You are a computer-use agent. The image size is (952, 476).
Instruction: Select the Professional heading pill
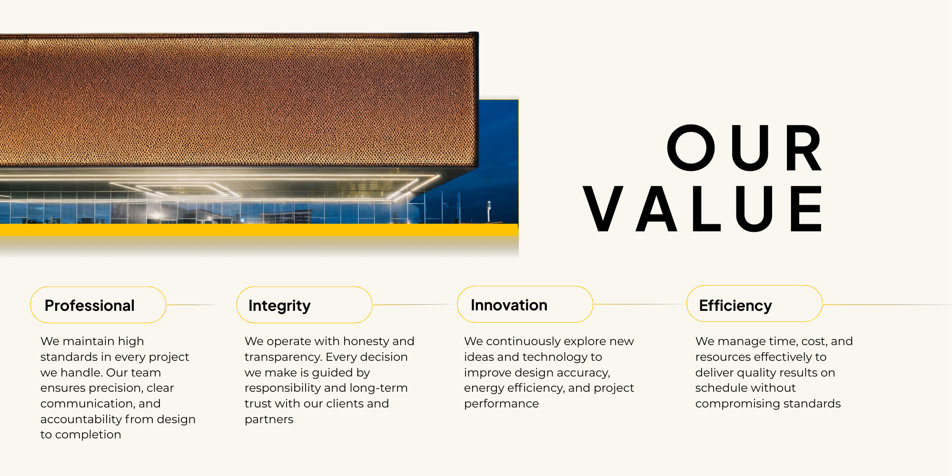pyautogui.click(x=98, y=305)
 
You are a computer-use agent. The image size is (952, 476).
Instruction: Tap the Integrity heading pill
pyautogui.click(x=304, y=305)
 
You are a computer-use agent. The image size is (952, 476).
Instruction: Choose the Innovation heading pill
pyautogui.click(x=525, y=305)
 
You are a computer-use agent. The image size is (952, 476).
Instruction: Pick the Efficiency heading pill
pyautogui.click(x=754, y=304)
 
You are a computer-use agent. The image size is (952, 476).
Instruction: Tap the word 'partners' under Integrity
pyautogui.click(x=269, y=420)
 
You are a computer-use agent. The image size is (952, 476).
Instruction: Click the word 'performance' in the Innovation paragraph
pyautogui.click(x=501, y=404)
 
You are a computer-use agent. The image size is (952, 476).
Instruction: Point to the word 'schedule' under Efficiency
pyautogui.click(x=720, y=388)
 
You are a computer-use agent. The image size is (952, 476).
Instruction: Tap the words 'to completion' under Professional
pyautogui.click(x=81, y=435)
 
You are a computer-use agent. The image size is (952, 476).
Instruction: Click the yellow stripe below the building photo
pyautogui.click(x=259, y=230)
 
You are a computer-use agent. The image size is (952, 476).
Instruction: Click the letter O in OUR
pyautogui.click(x=691, y=148)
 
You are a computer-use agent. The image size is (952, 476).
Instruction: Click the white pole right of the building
pyautogui.click(x=488, y=211)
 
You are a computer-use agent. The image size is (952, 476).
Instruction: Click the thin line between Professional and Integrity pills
pyautogui.click(x=191, y=305)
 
